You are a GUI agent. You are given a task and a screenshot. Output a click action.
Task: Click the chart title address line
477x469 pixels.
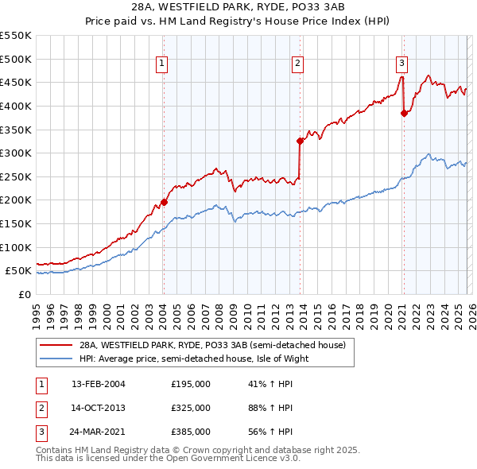(x=238, y=7)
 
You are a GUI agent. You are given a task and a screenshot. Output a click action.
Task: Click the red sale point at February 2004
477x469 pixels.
(x=164, y=202)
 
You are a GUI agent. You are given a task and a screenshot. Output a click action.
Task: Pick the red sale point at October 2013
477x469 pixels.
(x=300, y=141)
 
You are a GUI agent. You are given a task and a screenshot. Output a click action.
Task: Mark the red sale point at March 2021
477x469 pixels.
(x=404, y=113)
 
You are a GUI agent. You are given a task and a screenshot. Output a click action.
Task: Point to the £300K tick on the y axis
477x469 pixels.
(x=16, y=153)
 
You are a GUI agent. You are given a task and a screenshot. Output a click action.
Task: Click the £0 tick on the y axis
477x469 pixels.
(x=24, y=294)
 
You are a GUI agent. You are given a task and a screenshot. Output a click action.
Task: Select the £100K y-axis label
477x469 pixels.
(x=16, y=247)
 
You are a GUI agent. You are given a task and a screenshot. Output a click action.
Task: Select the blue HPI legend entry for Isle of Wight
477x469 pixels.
(x=192, y=359)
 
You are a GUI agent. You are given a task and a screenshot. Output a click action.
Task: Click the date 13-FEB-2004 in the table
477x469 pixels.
(x=98, y=384)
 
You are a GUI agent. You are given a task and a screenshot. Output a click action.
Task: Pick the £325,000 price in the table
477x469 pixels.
(x=191, y=408)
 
